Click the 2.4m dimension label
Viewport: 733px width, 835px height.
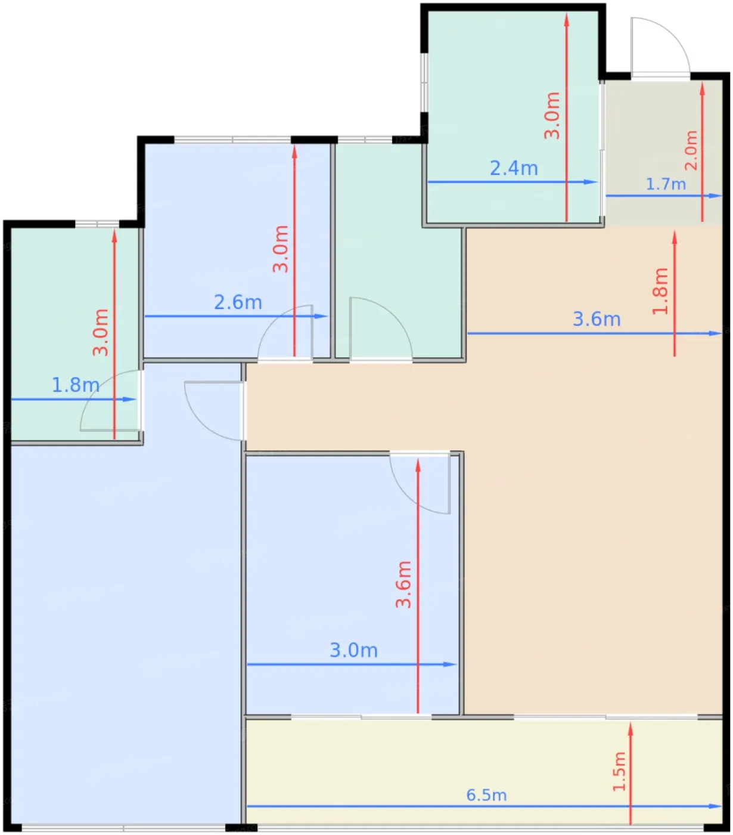pyautogui.click(x=514, y=168)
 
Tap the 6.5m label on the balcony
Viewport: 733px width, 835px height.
pyautogui.click(x=486, y=795)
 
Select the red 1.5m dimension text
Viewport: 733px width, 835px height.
pyautogui.click(x=619, y=772)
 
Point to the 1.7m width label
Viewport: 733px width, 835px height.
pyautogui.click(x=666, y=184)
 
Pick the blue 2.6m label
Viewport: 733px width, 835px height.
pyautogui.click(x=238, y=302)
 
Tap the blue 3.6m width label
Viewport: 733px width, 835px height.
pyautogui.click(x=597, y=320)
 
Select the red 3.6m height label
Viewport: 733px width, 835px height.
pyautogui.click(x=403, y=584)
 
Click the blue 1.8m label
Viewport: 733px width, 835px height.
pyautogui.click(x=76, y=385)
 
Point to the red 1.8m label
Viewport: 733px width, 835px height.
pyautogui.click(x=660, y=291)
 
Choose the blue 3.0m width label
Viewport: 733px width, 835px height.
pyautogui.click(x=353, y=650)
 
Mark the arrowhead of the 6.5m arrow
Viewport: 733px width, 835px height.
pyautogui.click(x=716, y=806)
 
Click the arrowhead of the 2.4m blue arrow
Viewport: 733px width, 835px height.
pyautogui.click(x=591, y=182)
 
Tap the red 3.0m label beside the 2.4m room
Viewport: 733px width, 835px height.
pyautogui.click(x=552, y=115)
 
